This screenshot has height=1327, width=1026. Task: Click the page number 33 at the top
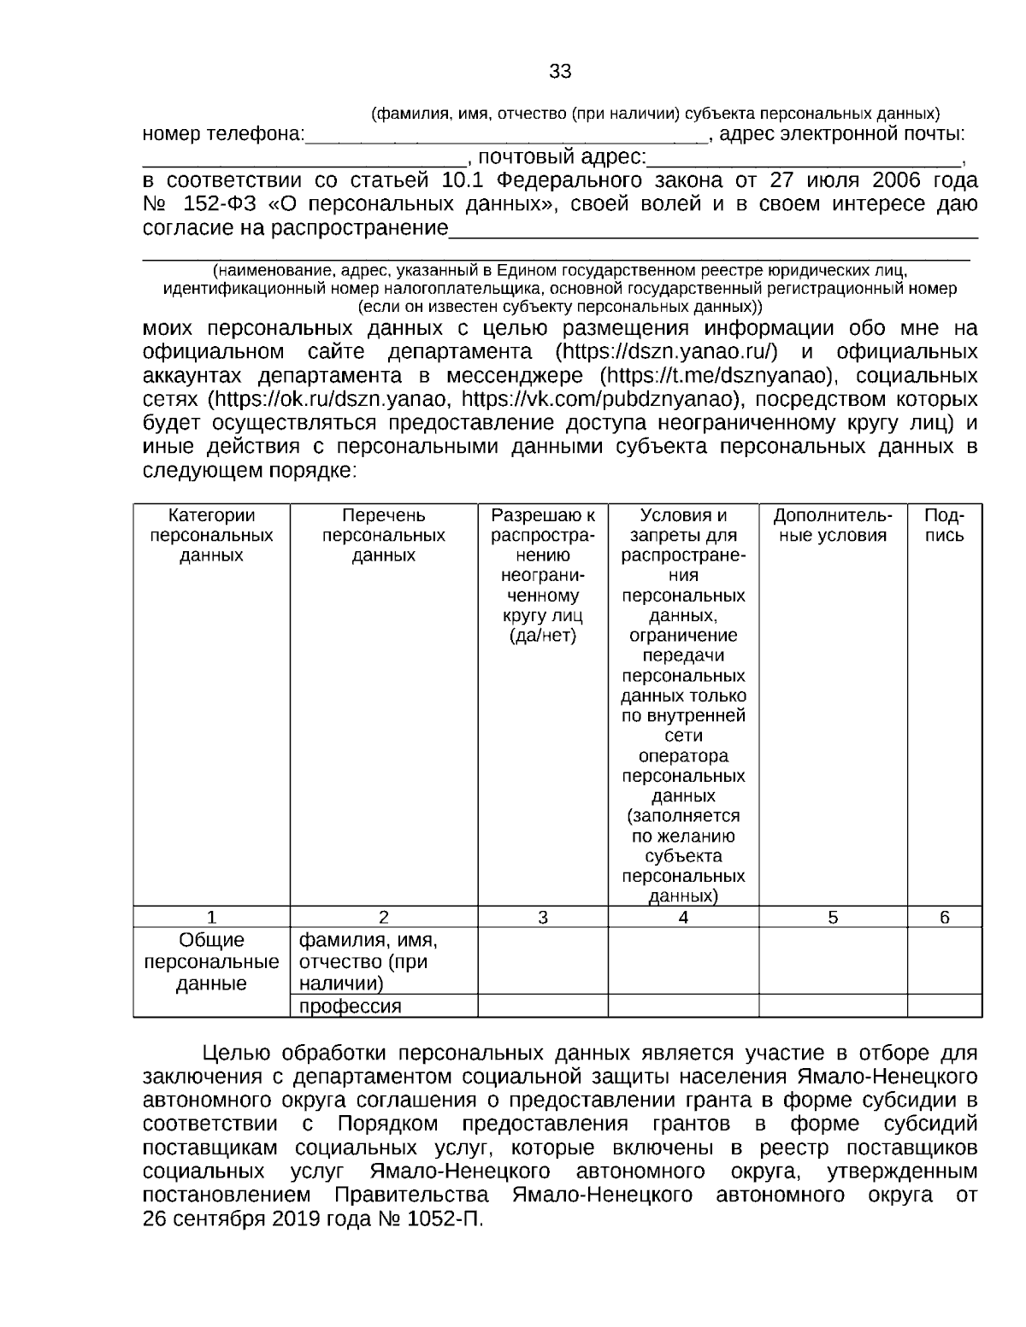pyautogui.click(x=560, y=72)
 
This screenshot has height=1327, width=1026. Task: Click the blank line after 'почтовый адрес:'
pyautogui.click(x=804, y=159)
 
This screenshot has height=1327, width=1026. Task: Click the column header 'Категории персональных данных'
pyautogui.click(x=211, y=536)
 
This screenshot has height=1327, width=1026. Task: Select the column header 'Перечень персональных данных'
pyautogui.click(x=383, y=536)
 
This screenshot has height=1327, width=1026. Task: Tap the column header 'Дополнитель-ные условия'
pyautogui.click(x=832, y=526)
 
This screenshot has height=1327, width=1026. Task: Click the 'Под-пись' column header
pyautogui.click(x=944, y=526)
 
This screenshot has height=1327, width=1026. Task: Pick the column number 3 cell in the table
pyautogui.click(x=542, y=918)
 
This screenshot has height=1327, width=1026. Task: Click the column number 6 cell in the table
pyautogui.click(x=944, y=918)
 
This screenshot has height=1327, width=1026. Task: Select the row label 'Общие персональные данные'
pyautogui.click(x=211, y=962)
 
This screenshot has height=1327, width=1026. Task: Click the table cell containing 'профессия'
pyautogui.click(x=350, y=1007)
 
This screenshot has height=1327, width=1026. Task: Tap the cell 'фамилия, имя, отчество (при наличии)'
pyautogui.click(x=368, y=962)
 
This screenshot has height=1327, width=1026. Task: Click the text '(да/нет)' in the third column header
pyautogui.click(x=542, y=636)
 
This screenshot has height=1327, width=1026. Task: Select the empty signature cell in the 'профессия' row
pyautogui.click(x=944, y=1007)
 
